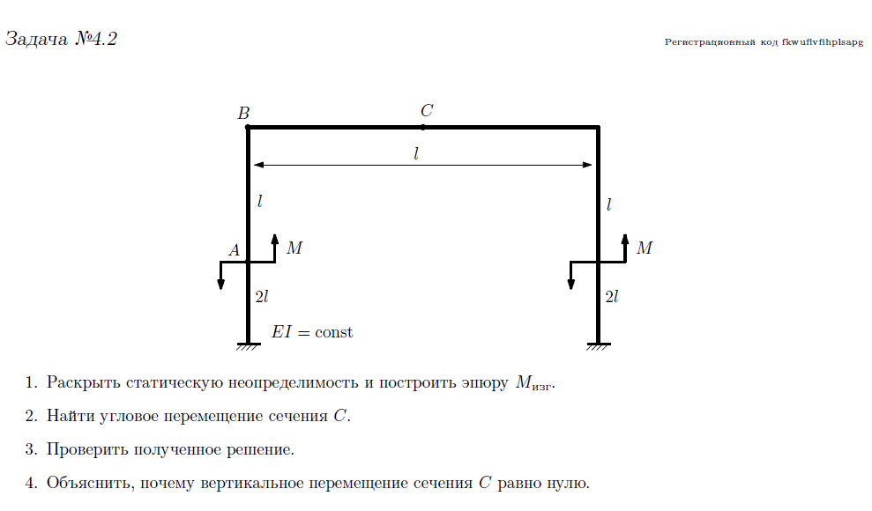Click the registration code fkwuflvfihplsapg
click(764, 41)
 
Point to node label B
click(243, 113)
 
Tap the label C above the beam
click(427, 111)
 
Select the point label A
click(235, 250)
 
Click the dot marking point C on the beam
click(423, 127)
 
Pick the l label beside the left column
click(259, 201)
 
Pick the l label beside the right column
click(609, 204)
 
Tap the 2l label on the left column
click(261, 298)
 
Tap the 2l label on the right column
click(612, 298)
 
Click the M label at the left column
click(294, 248)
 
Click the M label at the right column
click(645, 248)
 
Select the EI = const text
click(312, 332)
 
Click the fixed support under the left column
click(248, 345)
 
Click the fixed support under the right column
click(599, 345)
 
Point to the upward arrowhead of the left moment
click(275, 240)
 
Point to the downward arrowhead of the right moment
click(571, 284)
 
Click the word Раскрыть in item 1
click(84, 383)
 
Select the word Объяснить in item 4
click(90, 484)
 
